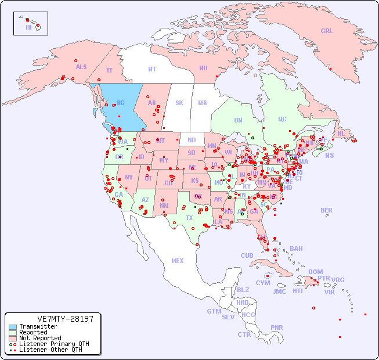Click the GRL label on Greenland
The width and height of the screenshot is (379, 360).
tap(327, 31)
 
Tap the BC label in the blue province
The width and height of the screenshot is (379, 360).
tap(121, 103)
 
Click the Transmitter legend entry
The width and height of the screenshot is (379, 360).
tap(38, 327)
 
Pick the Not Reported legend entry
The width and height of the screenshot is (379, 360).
tap(39, 338)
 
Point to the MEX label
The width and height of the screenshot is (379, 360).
tap(178, 261)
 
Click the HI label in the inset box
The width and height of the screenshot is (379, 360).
tap(28, 27)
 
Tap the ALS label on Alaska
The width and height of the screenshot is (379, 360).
tap(81, 67)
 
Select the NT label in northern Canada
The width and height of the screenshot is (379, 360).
tap(152, 69)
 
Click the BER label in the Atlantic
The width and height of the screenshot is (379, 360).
tap(327, 211)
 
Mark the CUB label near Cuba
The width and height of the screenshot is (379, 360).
tap(247, 256)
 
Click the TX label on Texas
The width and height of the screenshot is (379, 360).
tap(189, 218)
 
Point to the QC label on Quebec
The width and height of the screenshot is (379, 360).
tap(282, 120)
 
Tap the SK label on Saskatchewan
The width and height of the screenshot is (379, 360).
tap(179, 103)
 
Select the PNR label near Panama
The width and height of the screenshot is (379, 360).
tap(277, 327)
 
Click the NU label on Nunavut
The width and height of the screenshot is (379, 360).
tap(203, 68)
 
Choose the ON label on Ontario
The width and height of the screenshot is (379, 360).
tap(238, 121)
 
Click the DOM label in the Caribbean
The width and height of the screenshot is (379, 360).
tap(315, 272)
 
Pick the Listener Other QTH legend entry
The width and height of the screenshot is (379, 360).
tap(50, 350)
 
